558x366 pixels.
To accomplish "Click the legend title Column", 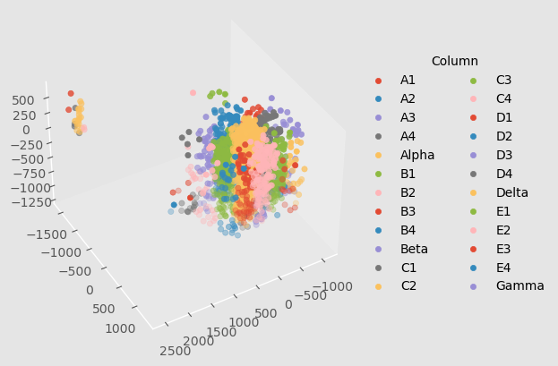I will pyautogui.click(x=454, y=61).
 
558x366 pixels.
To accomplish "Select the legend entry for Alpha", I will pyautogui.click(x=416, y=155).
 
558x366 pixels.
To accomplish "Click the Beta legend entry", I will pyautogui.click(x=414, y=249).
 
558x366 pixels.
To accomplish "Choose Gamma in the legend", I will pyautogui.click(x=519, y=285).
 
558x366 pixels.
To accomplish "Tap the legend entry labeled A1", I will pyautogui.click(x=408, y=80).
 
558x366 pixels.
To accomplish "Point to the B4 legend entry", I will pyautogui.click(x=408, y=230).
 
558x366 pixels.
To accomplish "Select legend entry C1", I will pyautogui.click(x=408, y=267).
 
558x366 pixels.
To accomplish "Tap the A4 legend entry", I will pyautogui.click(x=408, y=136).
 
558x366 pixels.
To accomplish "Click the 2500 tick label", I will pyautogui.click(x=174, y=351).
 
